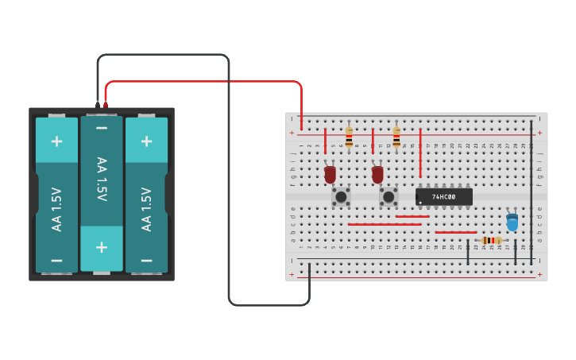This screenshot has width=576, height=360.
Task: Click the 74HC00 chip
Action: coord(444,196)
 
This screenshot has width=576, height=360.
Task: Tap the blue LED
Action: coord(512,222)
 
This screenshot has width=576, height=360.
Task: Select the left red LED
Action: coord(330,173)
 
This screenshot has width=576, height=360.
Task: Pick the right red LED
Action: coord(377,173)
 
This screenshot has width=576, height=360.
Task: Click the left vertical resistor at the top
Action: coord(349,136)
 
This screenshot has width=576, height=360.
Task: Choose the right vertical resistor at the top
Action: coord(396,136)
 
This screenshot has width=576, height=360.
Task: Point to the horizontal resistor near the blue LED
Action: coord(491,240)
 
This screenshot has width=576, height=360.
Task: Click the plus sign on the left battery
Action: coord(56,141)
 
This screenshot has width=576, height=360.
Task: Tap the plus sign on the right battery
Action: coord(146,141)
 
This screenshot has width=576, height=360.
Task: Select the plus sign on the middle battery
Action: coord(102,246)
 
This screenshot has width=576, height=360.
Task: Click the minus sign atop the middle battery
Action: coord(102,128)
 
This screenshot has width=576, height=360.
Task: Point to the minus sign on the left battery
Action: coord(56,260)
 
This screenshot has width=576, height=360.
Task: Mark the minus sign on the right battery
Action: coord(146,260)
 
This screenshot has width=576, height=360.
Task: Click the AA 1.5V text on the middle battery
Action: coord(102,179)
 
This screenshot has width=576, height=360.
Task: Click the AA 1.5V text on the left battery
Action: coord(56,209)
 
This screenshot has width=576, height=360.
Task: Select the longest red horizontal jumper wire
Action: coord(385,224)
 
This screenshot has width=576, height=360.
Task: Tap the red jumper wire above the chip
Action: coord(420,153)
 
